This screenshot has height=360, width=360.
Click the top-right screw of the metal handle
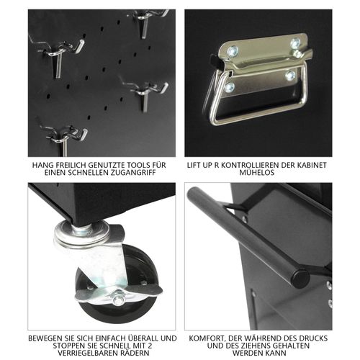[295, 43]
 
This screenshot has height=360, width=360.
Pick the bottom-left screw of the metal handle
[229, 87]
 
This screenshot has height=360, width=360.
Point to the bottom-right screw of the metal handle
[290, 75]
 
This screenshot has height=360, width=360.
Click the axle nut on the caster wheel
[117, 297]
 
